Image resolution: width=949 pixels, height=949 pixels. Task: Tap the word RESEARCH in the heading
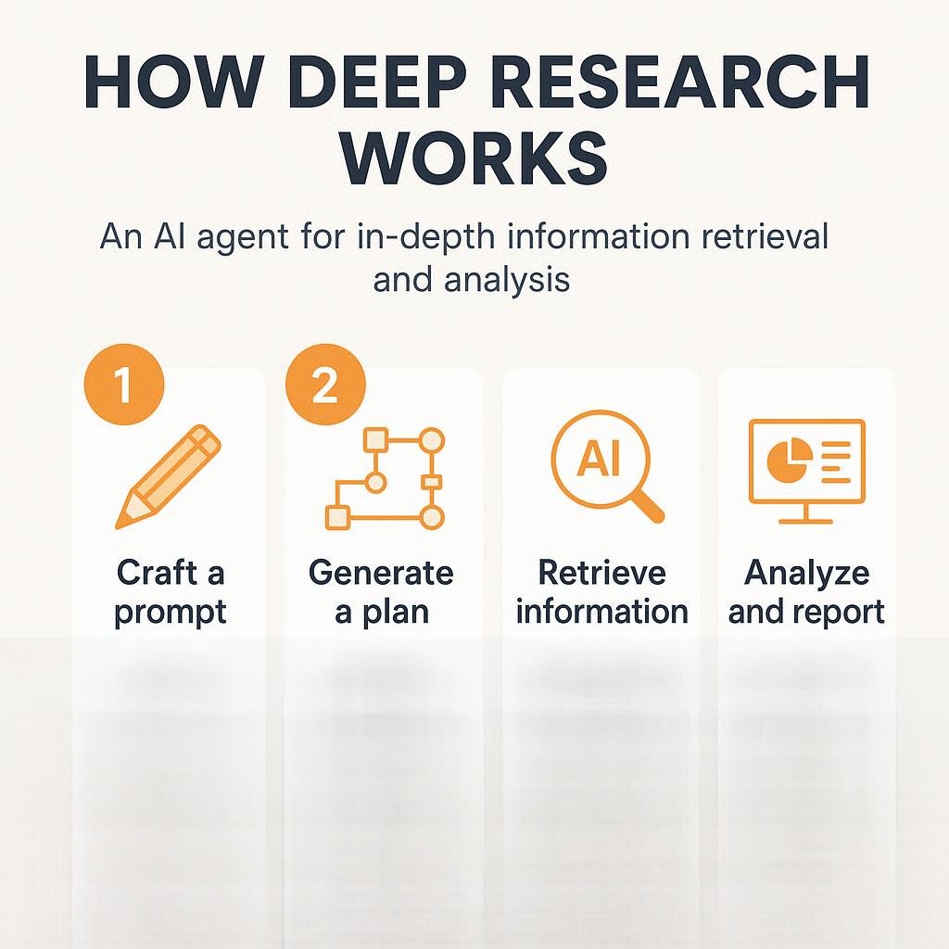[x=655, y=83]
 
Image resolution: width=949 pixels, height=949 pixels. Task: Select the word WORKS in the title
[x=474, y=159]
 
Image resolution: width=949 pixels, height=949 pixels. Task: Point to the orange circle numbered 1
[x=123, y=384]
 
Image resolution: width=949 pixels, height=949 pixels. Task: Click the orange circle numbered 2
[x=324, y=384]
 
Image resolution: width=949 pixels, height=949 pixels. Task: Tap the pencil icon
[x=169, y=476]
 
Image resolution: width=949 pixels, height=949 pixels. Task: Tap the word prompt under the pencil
[x=171, y=612]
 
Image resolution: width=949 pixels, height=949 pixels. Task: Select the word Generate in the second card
[x=381, y=572]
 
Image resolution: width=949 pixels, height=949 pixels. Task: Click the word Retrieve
[x=601, y=572]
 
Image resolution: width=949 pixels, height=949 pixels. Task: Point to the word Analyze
[x=806, y=572]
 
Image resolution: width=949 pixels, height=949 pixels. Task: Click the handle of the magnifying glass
[x=648, y=506]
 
